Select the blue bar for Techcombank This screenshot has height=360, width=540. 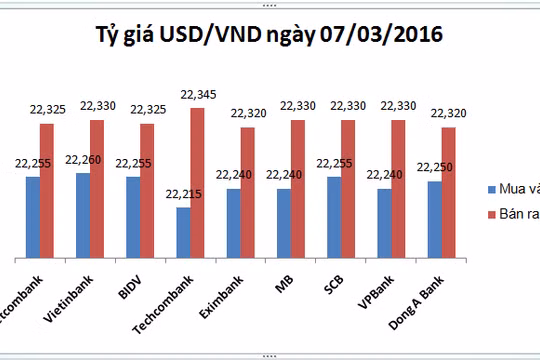tap(183, 230)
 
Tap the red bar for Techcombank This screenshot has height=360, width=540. tap(197, 180)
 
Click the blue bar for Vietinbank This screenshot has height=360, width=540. tap(82, 213)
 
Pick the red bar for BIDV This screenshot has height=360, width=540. tap(147, 188)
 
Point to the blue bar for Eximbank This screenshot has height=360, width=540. tap(233, 221)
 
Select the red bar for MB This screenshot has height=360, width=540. tap(298, 186)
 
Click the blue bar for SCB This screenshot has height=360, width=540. tap(334, 215)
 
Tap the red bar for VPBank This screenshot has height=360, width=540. tap(398, 186)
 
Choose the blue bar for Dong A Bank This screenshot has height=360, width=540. tap(435, 217)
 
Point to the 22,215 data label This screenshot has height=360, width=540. tap(183, 195)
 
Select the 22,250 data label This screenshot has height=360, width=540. tap(435, 168)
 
